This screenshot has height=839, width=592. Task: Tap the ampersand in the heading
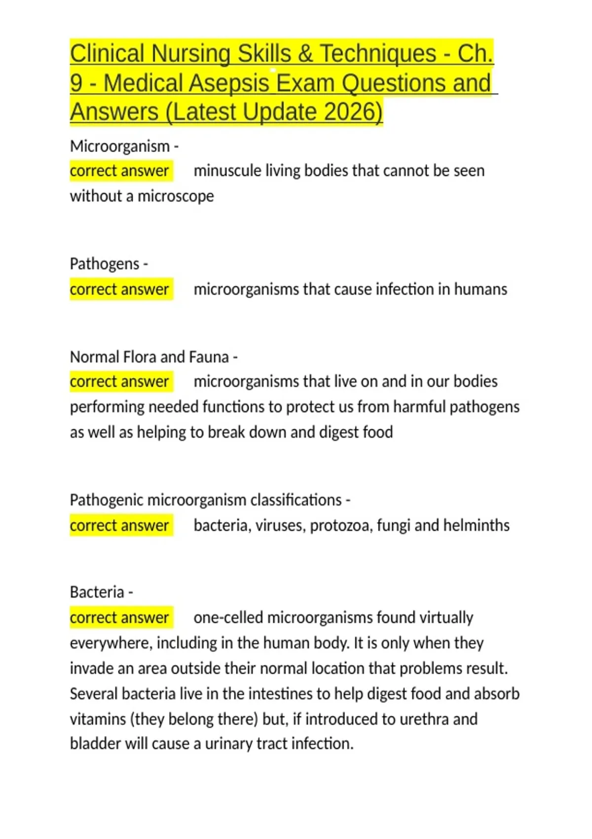point(305,54)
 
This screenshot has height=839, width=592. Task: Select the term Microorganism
point(120,146)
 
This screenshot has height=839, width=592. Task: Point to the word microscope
point(176,196)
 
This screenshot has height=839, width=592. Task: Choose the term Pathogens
point(105,264)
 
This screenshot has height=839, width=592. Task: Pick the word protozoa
point(339,526)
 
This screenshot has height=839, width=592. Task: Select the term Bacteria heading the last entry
point(97,592)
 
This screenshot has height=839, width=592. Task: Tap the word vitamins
point(98,719)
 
